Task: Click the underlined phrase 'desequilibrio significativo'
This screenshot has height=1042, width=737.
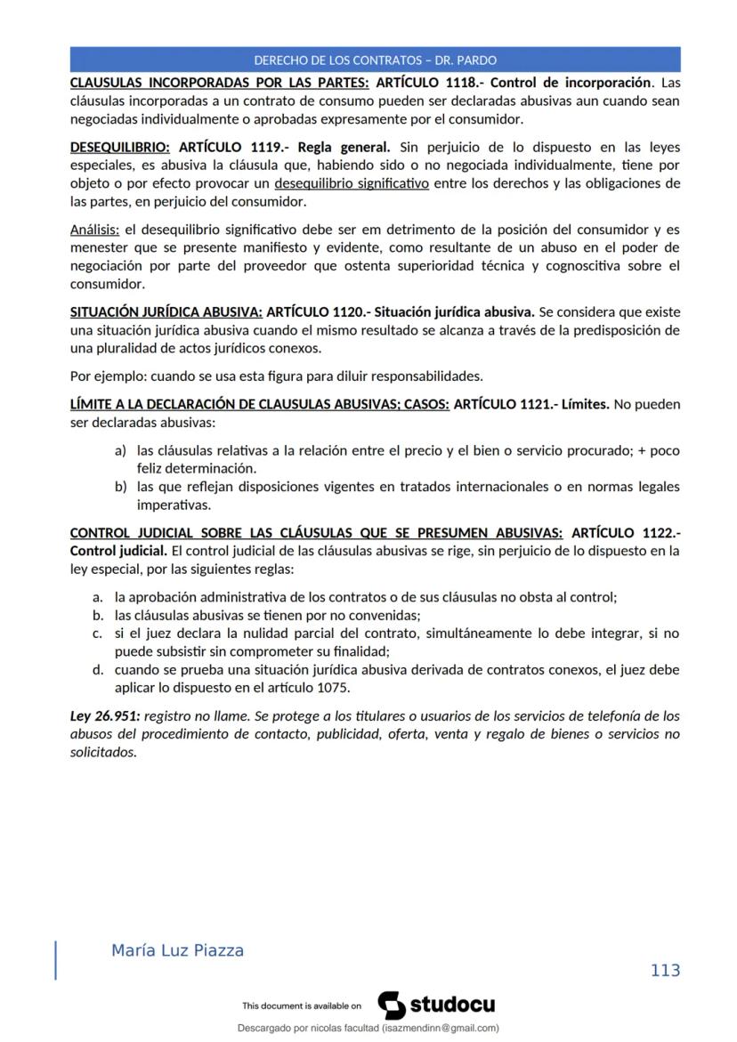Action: (352, 183)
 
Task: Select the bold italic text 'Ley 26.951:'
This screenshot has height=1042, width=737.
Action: (105, 715)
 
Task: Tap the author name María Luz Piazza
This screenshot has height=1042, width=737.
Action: (177, 950)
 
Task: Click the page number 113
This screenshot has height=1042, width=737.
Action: (665, 970)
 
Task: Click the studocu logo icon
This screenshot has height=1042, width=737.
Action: (392, 1006)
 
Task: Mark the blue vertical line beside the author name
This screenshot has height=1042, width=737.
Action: (56, 959)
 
